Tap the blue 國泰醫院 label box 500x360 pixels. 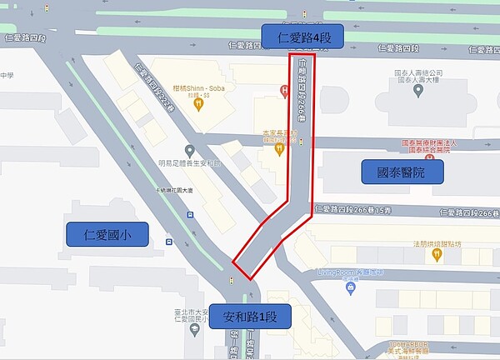click(x=403, y=172)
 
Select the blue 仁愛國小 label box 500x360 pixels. click(x=108, y=235)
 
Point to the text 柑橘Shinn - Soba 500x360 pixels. click(x=198, y=87)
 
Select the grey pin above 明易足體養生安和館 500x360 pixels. click(x=190, y=151)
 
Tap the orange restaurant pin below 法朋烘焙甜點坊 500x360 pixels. click(x=437, y=255)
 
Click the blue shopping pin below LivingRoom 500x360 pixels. click(x=350, y=287)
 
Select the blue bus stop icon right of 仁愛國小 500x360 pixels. click(x=169, y=242)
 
